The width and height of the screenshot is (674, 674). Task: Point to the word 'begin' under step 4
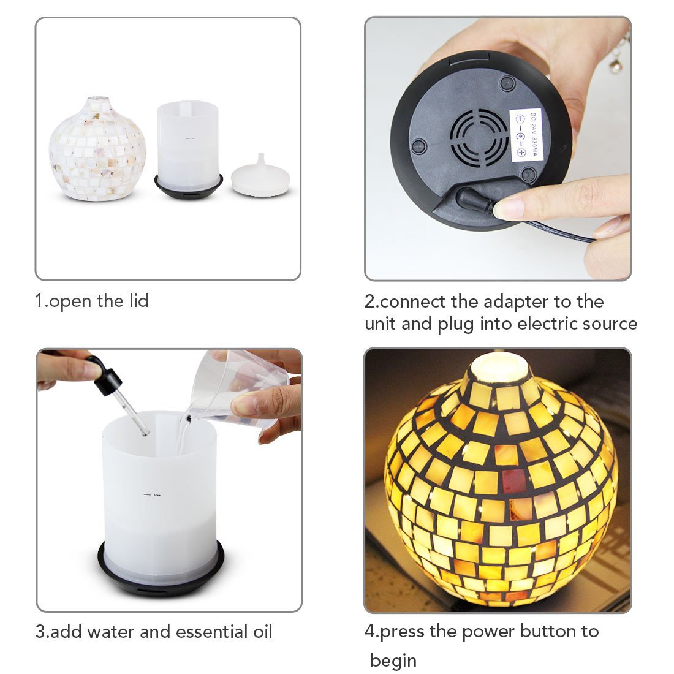coord(393,661)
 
